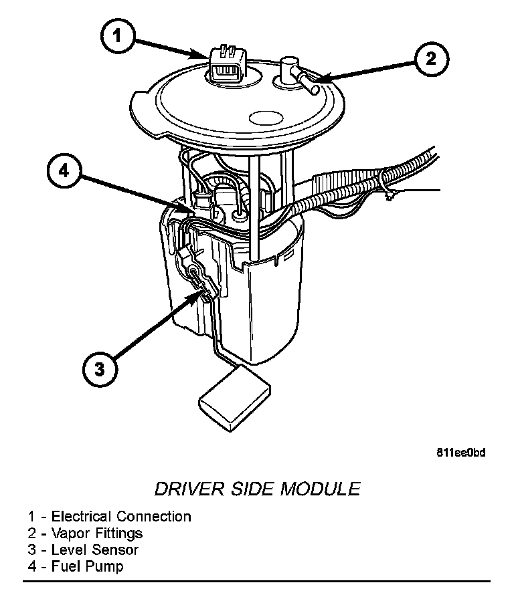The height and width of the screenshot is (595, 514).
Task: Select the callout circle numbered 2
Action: click(430, 58)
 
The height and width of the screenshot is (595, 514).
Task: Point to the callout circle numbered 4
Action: click(64, 172)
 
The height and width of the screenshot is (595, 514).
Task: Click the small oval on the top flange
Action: click(267, 119)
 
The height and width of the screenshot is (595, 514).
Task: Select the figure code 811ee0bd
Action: click(460, 453)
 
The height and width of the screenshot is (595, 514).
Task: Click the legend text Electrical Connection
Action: click(121, 516)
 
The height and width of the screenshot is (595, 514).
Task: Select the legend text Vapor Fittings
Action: click(97, 533)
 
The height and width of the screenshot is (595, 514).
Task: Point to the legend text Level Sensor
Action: click(95, 550)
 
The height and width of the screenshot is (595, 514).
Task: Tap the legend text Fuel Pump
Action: click(88, 567)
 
